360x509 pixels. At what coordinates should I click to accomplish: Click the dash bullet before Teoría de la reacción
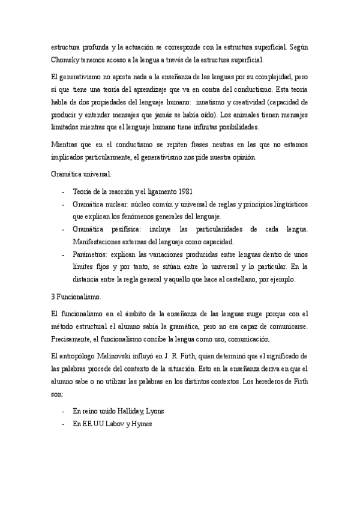click(64, 191)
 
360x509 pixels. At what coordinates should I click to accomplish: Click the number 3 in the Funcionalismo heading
click(53, 297)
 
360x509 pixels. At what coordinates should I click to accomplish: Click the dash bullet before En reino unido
click(64, 411)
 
